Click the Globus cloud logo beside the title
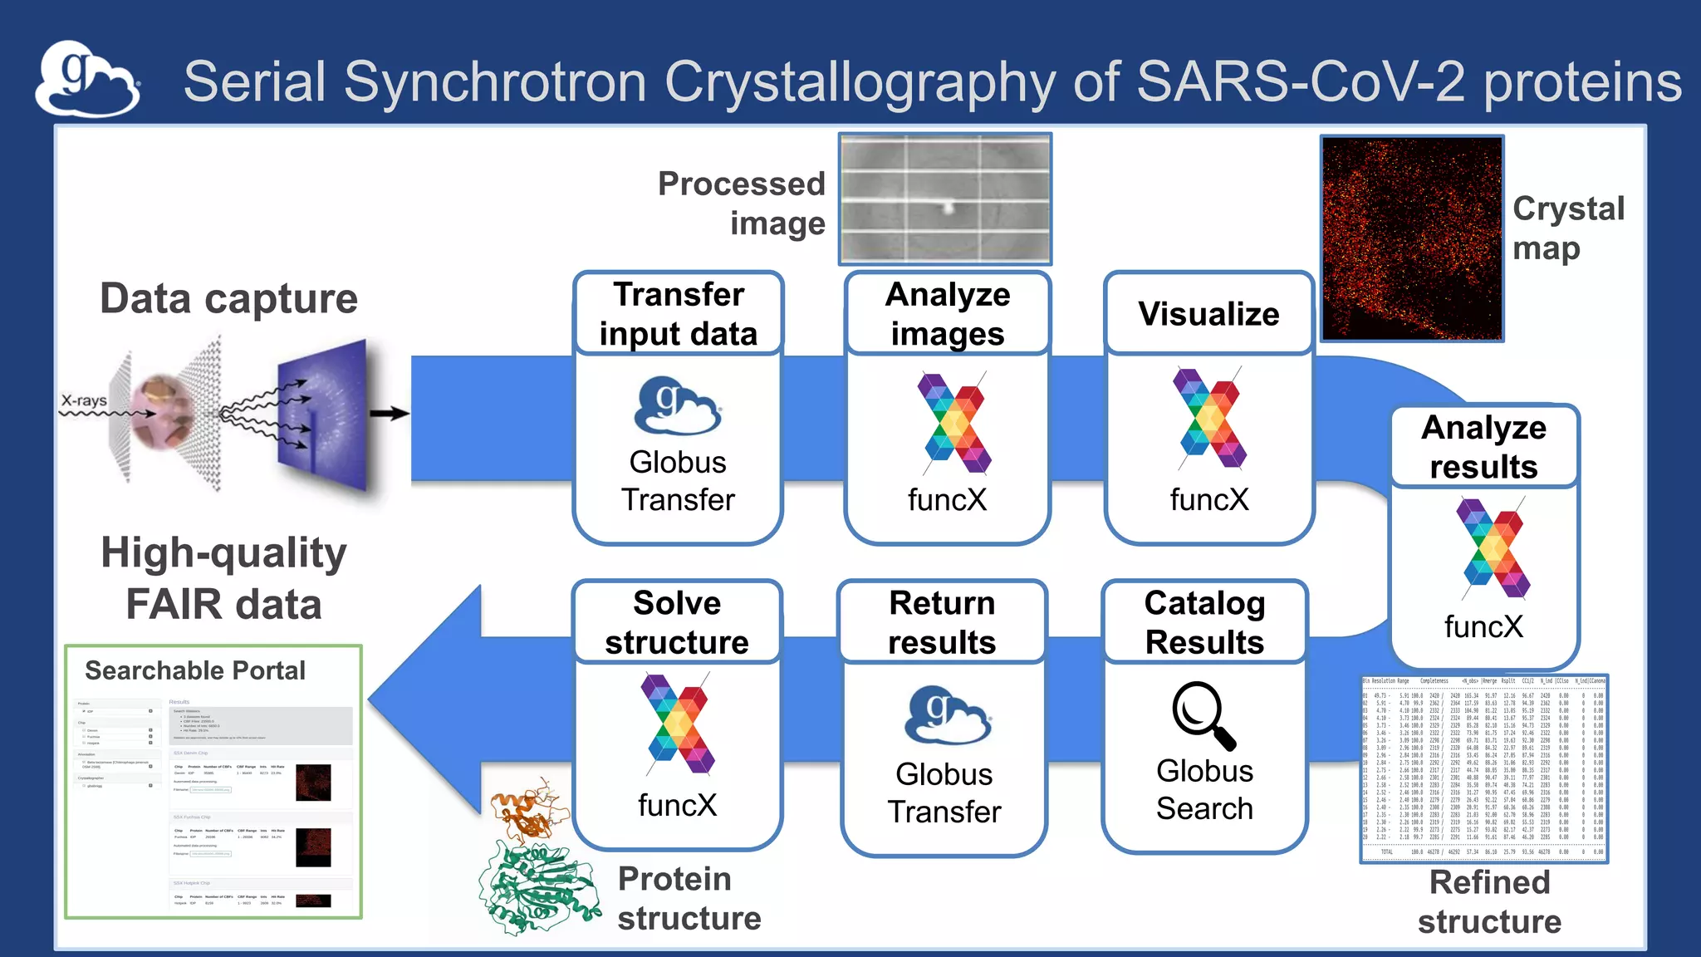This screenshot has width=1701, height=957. pyautogui.click(x=87, y=79)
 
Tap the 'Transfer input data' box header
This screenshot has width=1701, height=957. pyautogui.click(x=678, y=314)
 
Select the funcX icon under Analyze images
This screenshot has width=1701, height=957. pyautogui.click(x=953, y=423)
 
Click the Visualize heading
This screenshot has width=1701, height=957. pyautogui.click(x=1208, y=314)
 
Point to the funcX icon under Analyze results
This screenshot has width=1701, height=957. pyautogui.click(x=1493, y=548)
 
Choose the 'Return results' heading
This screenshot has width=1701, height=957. pyautogui.click(x=942, y=622)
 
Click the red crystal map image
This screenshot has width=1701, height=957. pyautogui.click(x=1412, y=238)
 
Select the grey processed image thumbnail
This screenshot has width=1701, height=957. pyautogui.click(x=945, y=199)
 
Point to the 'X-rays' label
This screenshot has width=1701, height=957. pyautogui.click(x=84, y=400)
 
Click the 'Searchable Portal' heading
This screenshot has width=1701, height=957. pyautogui.click(x=195, y=670)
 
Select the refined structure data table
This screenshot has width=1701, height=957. pyautogui.click(x=1483, y=768)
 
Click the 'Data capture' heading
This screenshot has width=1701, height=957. pyautogui.click(x=228, y=298)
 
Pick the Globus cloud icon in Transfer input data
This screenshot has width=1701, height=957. pyautogui.click(x=677, y=406)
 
